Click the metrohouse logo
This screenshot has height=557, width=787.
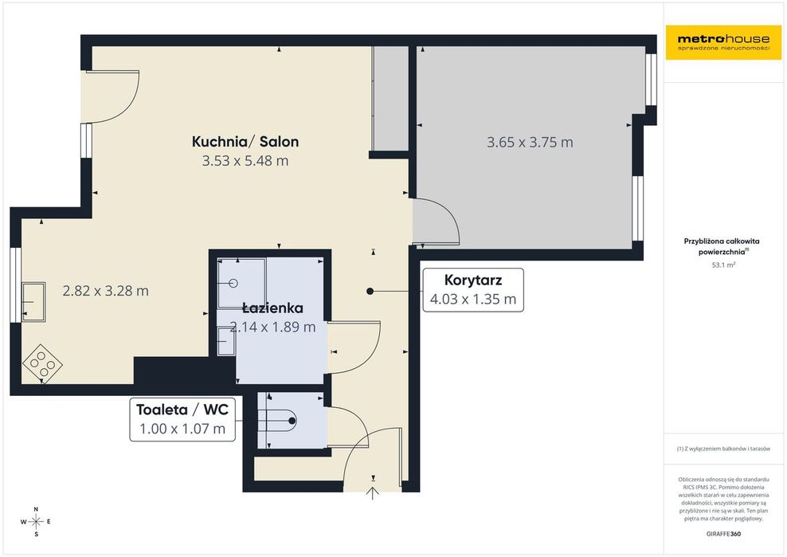point(723,42)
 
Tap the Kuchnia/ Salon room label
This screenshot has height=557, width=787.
point(245,142)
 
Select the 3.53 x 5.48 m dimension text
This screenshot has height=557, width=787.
point(245,161)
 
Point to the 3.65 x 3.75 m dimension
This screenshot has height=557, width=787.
point(530,143)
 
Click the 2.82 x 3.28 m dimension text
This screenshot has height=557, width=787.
point(105,291)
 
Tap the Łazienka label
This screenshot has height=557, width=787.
point(272,308)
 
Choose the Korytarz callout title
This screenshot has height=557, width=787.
point(473,280)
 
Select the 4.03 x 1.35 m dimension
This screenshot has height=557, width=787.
point(473,300)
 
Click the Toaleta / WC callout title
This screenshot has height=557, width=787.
point(182,410)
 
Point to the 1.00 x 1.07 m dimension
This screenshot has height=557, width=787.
point(182,429)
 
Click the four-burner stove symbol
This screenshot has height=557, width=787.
point(42,363)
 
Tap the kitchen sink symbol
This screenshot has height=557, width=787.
point(33,302)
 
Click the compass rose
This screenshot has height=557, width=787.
point(36,522)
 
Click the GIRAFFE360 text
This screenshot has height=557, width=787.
point(723,534)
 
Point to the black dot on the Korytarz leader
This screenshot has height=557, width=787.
point(370,292)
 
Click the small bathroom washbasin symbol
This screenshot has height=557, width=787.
point(226,341)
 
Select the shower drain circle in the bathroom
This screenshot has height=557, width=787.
point(233,283)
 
